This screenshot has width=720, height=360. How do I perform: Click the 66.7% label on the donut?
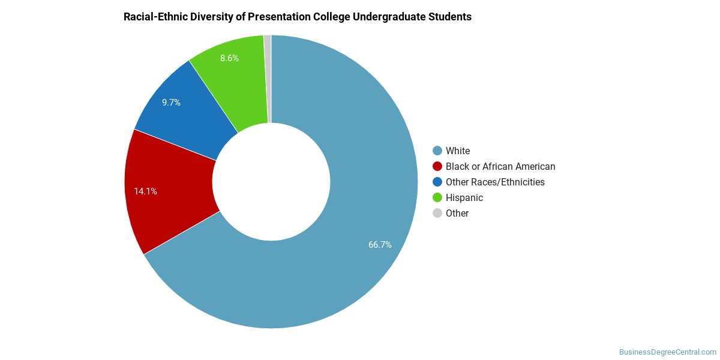point(380,245)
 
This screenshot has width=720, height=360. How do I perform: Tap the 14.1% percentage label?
point(145,191)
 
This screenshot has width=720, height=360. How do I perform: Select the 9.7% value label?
point(171,103)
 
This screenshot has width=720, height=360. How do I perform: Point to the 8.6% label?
point(229,58)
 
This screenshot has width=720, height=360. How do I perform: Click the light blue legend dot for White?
point(437,151)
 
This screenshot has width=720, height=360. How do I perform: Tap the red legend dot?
point(437,167)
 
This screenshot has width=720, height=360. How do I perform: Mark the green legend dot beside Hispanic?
point(437,197)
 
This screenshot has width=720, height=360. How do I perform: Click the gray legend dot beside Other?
point(437,213)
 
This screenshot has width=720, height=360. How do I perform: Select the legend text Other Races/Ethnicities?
point(495,182)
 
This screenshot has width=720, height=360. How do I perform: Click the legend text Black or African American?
point(500,167)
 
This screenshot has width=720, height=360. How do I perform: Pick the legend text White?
point(458,151)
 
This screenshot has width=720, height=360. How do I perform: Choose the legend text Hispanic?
point(464,197)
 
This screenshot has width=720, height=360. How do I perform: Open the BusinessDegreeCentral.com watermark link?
point(668,352)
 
